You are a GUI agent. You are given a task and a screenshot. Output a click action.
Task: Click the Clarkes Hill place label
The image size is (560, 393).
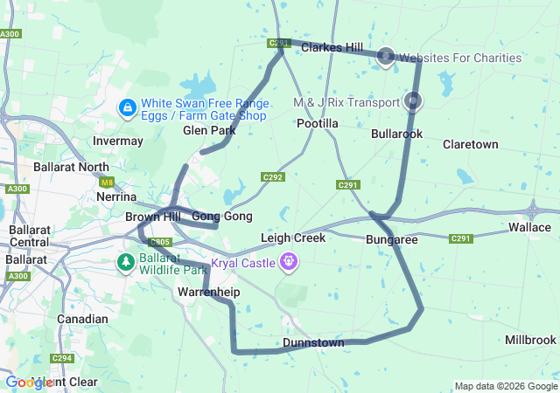coord(332,48)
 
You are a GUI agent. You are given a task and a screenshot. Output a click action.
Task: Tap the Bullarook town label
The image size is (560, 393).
coord(396,134)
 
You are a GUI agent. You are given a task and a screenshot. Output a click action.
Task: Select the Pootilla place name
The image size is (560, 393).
coord(318,124)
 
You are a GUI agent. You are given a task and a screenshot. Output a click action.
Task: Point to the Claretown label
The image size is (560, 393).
coord(470,144)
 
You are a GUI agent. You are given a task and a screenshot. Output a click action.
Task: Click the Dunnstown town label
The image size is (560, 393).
coord(313,343)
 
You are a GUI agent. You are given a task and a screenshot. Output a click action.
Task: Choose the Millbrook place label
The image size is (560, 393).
coord(530,340)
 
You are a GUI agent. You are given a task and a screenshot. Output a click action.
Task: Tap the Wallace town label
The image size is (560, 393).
coord(529,227)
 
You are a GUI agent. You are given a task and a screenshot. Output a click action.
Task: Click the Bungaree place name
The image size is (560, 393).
coord(391,238)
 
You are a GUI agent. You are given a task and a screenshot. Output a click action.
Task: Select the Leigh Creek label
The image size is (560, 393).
coord(293,238)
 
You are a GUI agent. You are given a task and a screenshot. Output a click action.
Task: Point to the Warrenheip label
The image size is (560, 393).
coord(208,291)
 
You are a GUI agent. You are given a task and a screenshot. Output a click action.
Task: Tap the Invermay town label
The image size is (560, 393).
coord(117,141)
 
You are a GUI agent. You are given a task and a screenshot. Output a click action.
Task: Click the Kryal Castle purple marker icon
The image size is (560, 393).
coord(289,261)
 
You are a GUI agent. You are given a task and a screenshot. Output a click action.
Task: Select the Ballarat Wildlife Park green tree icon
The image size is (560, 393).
coord(126,261)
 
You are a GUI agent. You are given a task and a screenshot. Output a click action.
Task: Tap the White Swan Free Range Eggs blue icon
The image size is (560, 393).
coord(127,108)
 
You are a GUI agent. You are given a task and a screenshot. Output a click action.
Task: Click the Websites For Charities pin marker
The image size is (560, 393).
coord(386,57)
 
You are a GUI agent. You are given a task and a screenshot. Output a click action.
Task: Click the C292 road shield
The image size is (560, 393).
coord(273,177)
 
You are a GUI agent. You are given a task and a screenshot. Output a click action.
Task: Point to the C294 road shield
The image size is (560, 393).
coord(61,358)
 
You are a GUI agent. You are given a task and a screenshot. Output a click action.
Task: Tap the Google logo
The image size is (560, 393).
coord(28,383)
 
